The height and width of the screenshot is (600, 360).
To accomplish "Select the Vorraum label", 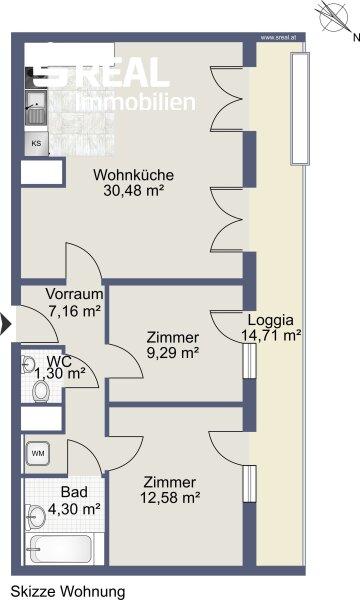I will (73, 295).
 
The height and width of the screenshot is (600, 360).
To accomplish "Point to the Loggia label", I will (271, 320).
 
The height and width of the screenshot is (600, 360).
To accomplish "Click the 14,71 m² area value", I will (271, 336).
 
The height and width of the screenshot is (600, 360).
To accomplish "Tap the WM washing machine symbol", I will (39, 453).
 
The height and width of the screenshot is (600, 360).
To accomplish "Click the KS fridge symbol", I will (36, 143).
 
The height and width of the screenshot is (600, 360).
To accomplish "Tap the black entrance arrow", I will (5, 323).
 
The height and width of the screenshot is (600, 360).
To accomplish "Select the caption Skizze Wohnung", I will (68, 591).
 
